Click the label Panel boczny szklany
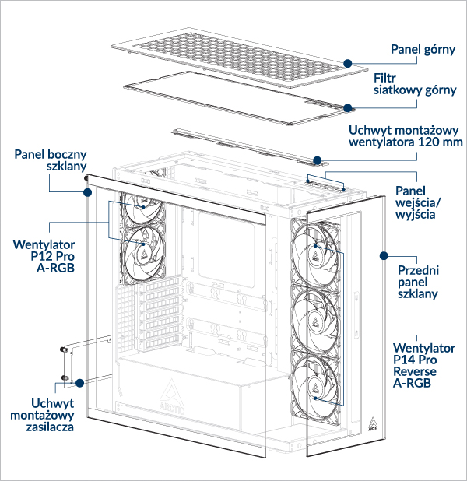click(51, 160)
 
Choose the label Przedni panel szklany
click(418, 282)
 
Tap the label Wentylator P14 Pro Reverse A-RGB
click(424, 365)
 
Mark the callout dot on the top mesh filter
click(348, 107)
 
